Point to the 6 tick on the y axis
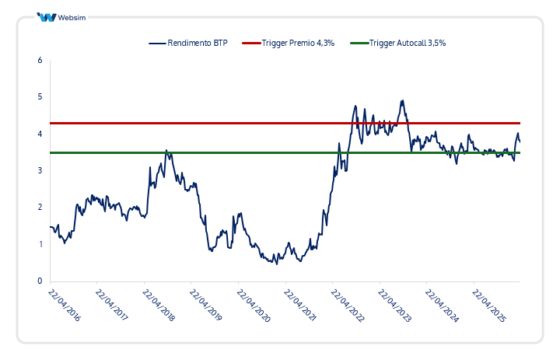click(40, 60)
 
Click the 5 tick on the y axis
click(40, 97)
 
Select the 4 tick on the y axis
click(40, 134)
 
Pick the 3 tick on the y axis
click(40, 170)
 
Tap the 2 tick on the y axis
click(40, 208)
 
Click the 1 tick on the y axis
click(40, 244)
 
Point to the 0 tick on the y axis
click(40, 281)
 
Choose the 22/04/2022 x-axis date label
click(347, 305)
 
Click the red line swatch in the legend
click(252, 44)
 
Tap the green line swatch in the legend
click(359, 44)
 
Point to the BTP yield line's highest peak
click(402, 100)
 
